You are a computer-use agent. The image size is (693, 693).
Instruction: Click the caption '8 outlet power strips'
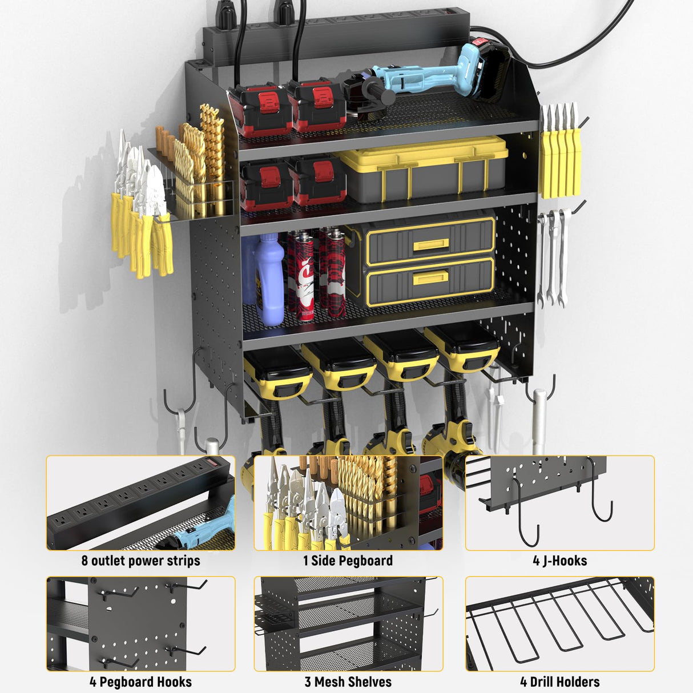tap(140, 561)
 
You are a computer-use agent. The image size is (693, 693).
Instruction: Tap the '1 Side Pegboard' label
tap(348, 561)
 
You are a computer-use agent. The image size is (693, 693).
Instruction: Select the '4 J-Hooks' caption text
tap(559, 561)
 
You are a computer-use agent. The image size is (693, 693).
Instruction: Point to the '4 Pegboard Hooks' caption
tap(140, 682)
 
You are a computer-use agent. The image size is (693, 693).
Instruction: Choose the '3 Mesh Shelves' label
tap(348, 682)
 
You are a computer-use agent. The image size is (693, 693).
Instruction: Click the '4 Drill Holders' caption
tap(559, 682)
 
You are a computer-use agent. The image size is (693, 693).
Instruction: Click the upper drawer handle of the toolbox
tap(431, 245)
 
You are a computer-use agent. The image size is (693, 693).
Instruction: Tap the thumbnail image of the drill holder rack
tap(559, 623)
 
